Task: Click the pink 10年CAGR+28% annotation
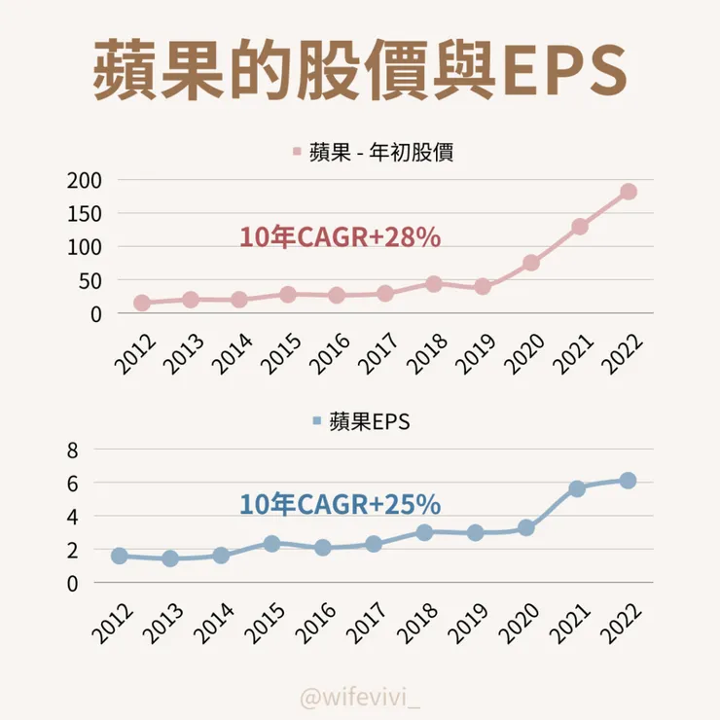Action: [340, 237]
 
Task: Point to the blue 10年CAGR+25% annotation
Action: [340, 505]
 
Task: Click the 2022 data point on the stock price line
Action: [628, 192]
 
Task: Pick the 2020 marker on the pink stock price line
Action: [531, 263]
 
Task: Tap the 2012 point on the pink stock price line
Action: [142, 304]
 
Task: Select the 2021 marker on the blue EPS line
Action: [577, 488]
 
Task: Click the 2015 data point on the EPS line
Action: [272, 544]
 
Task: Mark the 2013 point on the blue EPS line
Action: [170, 558]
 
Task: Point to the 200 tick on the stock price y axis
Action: [85, 180]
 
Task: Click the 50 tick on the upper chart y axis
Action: [90, 281]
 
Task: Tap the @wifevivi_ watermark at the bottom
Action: [359, 698]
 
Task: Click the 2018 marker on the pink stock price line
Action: [434, 284]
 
